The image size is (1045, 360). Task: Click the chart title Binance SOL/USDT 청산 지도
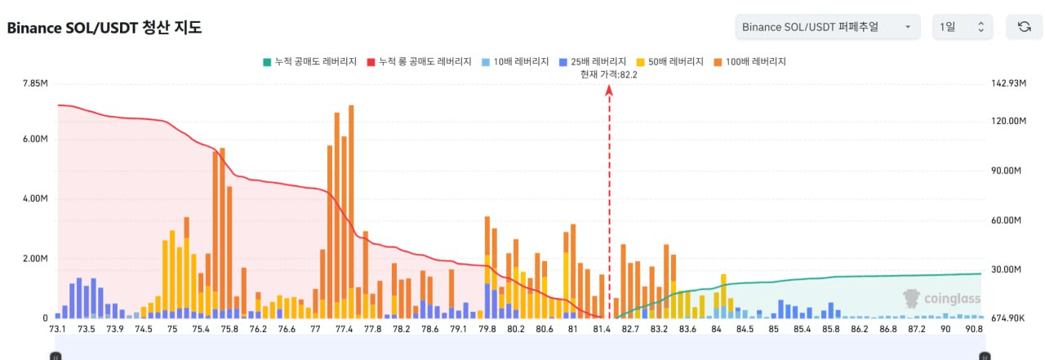coord(104,27)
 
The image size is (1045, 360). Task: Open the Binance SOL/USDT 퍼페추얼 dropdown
coord(827,27)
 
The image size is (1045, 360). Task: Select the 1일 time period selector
coord(963,27)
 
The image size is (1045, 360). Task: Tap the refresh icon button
coord(1024,27)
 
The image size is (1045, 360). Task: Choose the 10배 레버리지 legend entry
coord(511,61)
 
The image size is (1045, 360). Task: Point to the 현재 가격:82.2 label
coord(608,74)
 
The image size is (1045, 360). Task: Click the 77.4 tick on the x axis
coord(344,329)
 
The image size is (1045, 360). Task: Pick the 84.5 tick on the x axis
coord(745,329)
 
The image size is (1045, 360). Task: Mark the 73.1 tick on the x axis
coord(58,329)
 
